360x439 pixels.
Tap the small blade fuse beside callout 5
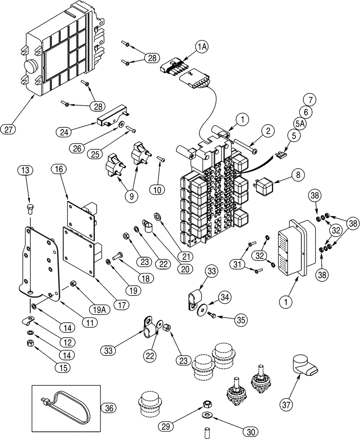point(279,154)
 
